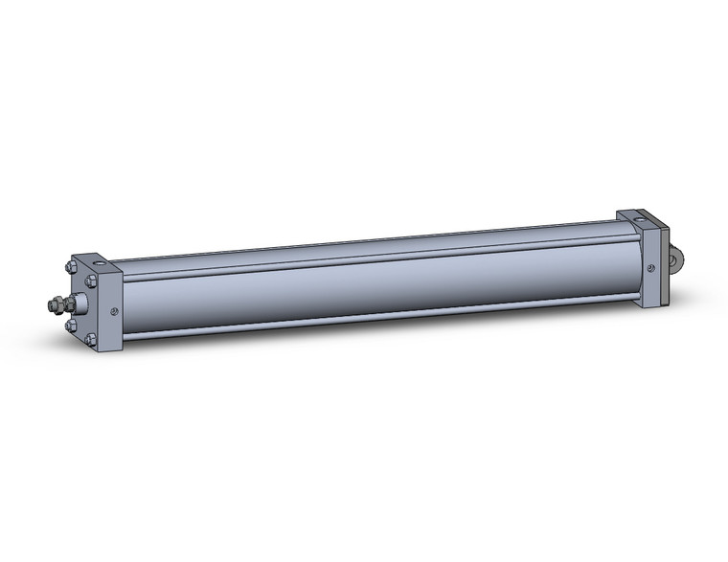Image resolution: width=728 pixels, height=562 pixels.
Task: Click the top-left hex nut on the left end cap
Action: pyautogui.click(x=71, y=268)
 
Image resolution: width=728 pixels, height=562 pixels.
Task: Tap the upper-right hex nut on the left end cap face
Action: pyautogui.click(x=92, y=281)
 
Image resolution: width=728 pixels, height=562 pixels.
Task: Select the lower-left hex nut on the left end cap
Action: pyautogui.click(x=71, y=326)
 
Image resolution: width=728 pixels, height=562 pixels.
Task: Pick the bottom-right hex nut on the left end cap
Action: pyautogui.click(x=91, y=339)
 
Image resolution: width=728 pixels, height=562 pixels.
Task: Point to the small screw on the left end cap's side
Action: pyautogui.click(x=115, y=309)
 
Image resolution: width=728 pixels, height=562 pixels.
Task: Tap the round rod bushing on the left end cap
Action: pyautogui.click(x=80, y=304)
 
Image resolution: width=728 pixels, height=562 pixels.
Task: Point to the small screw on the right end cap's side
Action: pyautogui.click(x=651, y=267)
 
